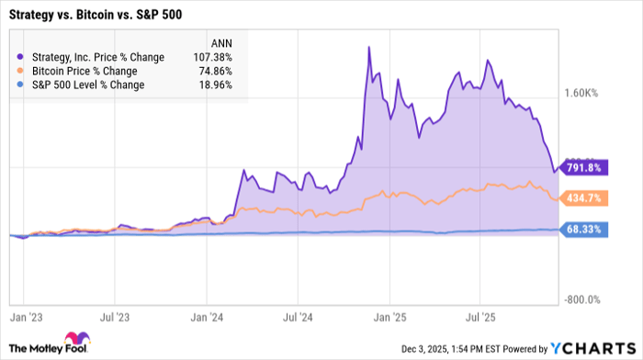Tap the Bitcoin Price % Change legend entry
tap(84, 71)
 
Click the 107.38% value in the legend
tap(213, 57)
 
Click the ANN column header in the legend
tap(221, 42)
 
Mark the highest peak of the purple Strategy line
tap(368, 47)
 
